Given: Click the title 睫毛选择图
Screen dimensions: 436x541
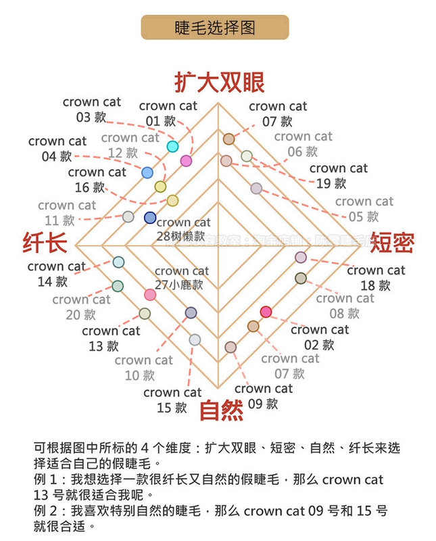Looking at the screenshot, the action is (x=214, y=28).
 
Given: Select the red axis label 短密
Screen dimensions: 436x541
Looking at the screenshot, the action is (x=392, y=241).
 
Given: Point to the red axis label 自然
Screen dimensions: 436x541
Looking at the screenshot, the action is (x=220, y=409).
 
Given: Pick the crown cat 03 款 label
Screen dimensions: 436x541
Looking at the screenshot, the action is (x=92, y=109).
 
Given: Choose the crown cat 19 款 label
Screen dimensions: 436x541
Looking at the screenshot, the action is (x=338, y=175).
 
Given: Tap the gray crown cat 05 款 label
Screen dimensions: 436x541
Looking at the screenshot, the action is (x=364, y=209).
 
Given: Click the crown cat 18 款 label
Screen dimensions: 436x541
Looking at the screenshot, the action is (x=376, y=277).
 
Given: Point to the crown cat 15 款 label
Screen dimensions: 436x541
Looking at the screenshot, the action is (x=172, y=400).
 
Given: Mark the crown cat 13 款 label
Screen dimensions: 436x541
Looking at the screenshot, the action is (x=111, y=338).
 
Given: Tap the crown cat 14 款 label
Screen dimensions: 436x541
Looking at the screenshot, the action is (x=57, y=273).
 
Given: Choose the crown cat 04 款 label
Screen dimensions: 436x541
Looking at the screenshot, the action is (x=57, y=148).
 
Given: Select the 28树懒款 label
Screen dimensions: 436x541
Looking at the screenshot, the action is (x=183, y=229).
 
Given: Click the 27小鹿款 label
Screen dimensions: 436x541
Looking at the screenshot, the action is (x=181, y=278).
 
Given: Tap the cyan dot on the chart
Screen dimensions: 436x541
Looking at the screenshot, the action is (x=173, y=147).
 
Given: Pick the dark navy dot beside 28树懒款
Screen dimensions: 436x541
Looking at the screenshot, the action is (x=150, y=217).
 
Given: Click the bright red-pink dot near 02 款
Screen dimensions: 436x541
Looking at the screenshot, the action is (x=266, y=312).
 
